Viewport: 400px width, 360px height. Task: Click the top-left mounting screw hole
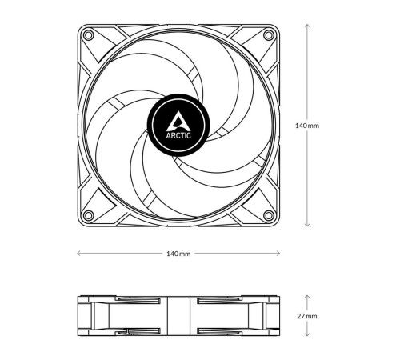click(x=89, y=36)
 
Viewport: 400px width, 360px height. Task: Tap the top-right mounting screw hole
click(x=268, y=36)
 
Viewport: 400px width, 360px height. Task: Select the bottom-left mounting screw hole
click(x=89, y=214)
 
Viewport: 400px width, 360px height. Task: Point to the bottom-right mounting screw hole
click(x=268, y=214)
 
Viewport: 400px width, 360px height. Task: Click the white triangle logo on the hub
click(x=178, y=120)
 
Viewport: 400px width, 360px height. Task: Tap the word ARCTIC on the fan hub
click(x=178, y=134)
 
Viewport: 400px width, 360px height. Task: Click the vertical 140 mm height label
click(x=307, y=126)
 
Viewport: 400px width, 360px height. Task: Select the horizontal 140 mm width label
click(x=178, y=254)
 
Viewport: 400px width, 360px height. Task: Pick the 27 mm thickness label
click(x=307, y=316)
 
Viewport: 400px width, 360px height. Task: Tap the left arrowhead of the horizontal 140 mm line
click(x=78, y=254)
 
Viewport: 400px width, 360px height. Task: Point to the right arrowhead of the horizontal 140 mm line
click(x=278, y=254)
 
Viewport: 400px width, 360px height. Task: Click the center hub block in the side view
click(x=178, y=316)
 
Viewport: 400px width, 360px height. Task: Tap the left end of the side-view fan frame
click(x=80, y=316)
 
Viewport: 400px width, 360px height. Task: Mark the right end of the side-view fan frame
click(x=276, y=316)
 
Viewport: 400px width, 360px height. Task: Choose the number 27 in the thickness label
click(x=302, y=316)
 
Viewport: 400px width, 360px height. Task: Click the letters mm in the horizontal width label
click(x=185, y=254)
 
